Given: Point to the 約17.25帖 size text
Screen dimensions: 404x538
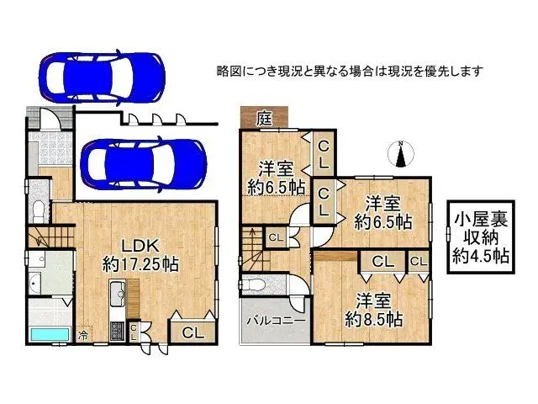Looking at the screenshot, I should tap(142, 263).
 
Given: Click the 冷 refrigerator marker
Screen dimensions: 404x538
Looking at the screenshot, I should tap(83, 333).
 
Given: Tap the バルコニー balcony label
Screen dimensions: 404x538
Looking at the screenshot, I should tap(275, 321).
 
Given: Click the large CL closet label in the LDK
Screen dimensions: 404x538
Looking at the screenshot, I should tap(193, 332).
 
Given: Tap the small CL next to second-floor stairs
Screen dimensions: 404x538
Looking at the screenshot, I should tap(275, 238).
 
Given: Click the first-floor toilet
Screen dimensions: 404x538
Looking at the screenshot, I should tap(39, 210).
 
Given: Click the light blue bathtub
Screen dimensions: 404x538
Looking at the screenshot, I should tap(48, 334).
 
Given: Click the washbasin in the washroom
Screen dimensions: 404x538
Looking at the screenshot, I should tap(36, 284).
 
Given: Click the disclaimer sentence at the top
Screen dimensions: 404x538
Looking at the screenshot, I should tap(349, 71).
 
